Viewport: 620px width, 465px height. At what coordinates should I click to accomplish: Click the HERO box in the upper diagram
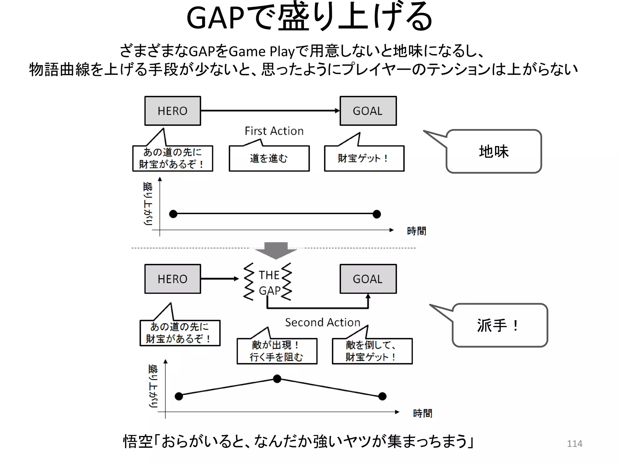pyautogui.click(x=173, y=111)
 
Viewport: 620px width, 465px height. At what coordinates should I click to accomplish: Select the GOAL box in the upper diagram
pyautogui.click(x=368, y=111)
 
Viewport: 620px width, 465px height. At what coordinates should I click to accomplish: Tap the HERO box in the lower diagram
pyautogui.click(x=173, y=279)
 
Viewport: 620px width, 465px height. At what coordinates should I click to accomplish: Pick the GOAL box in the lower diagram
pyautogui.click(x=368, y=279)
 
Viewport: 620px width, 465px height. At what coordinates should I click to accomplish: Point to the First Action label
pyautogui.click(x=274, y=131)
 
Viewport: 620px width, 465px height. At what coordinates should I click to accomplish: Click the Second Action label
pyautogui.click(x=322, y=322)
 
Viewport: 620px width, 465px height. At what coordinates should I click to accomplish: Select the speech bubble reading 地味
pyautogui.click(x=493, y=151)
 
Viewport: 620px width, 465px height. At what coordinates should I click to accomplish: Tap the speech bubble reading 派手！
pyautogui.click(x=500, y=325)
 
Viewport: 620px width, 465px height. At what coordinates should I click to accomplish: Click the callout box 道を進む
pyautogui.click(x=269, y=158)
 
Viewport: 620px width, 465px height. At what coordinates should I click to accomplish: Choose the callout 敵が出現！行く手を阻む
pyautogui.click(x=277, y=351)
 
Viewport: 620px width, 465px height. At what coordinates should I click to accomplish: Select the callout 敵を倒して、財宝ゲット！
pyautogui.click(x=372, y=351)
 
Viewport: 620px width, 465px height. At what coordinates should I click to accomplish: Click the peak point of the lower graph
pyautogui.click(x=277, y=379)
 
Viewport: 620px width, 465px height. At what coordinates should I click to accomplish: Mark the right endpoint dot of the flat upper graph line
pyautogui.click(x=377, y=214)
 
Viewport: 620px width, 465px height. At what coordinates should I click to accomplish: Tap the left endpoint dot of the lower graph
pyautogui.click(x=179, y=396)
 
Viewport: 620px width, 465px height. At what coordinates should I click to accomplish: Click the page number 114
pyautogui.click(x=574, y=444)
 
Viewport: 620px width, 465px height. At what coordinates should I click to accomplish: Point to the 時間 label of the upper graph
pyautogui.click(x=416, y=231)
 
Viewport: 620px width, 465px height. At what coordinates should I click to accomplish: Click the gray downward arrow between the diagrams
pyautogui.click(x=276, y=250)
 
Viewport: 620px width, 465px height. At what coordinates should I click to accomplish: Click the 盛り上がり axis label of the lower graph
pyautogui.click(x=153, y=386)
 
